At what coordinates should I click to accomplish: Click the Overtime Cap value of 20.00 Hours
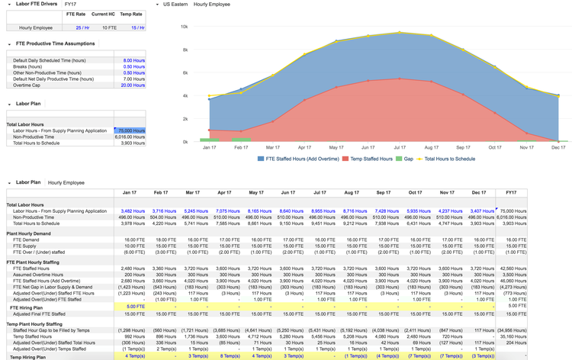pyautogui.click(x=133, y=85)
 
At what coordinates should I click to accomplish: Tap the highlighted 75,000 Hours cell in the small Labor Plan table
pyautogui.click(x=130, y=130)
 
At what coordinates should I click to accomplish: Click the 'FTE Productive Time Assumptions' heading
pyautogui.click(x=55, y=43)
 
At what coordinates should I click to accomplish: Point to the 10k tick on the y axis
pyautogui.click(x=184, y=27)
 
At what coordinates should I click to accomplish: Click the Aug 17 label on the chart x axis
pyautogui.click(x=432, y=147)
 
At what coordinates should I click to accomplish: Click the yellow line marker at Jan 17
pyautogui.click(x=210, y=98)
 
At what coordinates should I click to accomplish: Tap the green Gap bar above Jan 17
pyautogui.click(x=210, y=140)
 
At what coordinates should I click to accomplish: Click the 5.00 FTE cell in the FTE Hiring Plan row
pyautogui.click(x=134, y=307)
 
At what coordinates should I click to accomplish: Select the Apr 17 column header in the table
pyautogui.click(x=224, y=193)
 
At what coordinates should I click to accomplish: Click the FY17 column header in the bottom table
pyautogui.click(x=510, y=193)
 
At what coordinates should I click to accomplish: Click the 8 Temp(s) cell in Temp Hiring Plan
pyautogui.click(x=230, y=356)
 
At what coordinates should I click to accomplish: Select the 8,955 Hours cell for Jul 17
pyautogui.click(x=323, y=211)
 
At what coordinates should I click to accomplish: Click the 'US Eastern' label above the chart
pyautogui.click(x=176, y=4)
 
